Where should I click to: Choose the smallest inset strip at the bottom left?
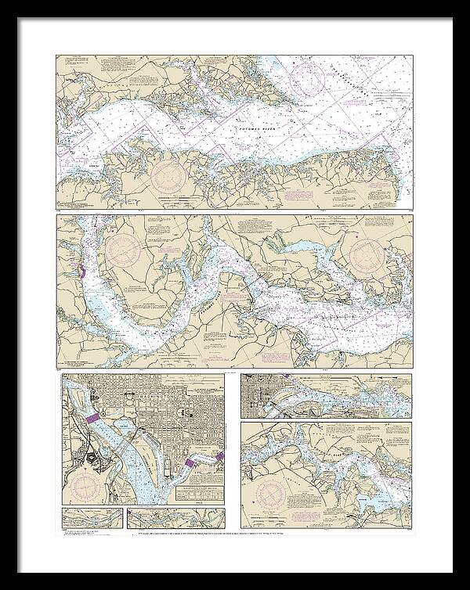pyautogui.click(x=92, y=519)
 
